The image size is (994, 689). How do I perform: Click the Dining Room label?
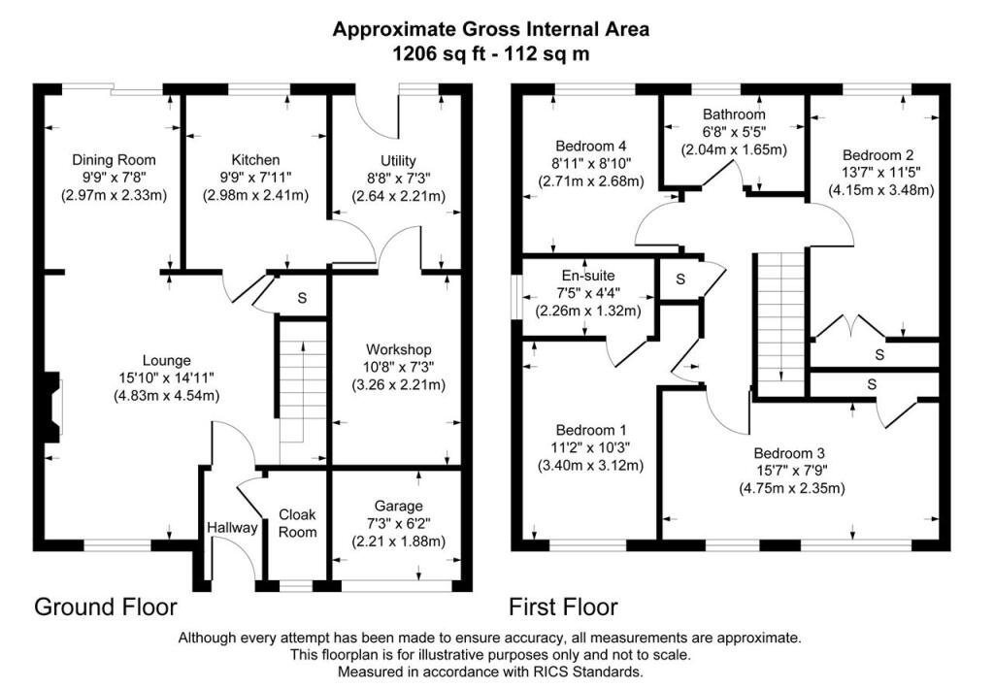tap(115, 160)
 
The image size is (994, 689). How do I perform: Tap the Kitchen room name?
tap(255, 160)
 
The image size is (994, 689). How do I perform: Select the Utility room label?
tap(398, 160)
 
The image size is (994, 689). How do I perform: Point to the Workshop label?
tap(398, 349)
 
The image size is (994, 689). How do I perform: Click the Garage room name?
tap(398, 506)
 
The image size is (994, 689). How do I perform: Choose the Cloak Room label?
tap(298, 524)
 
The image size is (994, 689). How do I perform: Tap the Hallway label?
tap(232, 528)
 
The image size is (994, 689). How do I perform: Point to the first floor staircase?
tap(781, 320)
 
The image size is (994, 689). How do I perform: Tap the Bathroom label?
tap(734, 115)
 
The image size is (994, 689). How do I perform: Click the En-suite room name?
tap(588, 277)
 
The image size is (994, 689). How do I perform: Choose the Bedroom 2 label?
tap(878, 155)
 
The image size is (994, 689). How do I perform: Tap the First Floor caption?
tap(563, 607)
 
